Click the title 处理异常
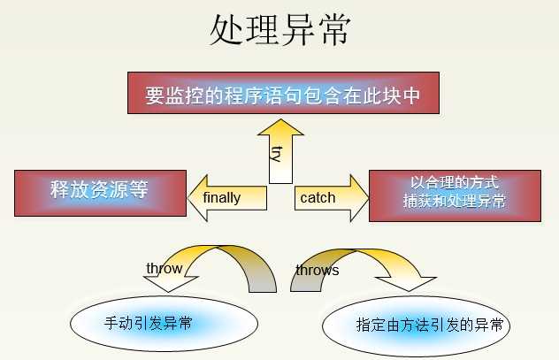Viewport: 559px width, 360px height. (280, 30)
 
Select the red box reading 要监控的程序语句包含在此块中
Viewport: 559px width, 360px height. (283, 93)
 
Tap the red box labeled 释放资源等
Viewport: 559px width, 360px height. (100, 193)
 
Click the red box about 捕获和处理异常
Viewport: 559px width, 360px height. (455, 195)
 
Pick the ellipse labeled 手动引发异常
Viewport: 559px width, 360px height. (164, 324)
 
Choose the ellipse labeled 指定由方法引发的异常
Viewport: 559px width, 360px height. (416, 326)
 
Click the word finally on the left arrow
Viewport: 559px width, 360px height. (221, 198)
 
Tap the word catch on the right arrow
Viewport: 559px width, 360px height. (318, 198)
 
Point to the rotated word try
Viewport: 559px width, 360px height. (277, 154)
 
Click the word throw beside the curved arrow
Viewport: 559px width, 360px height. (165, 268)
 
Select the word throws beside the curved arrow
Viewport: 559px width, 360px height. (318, 270)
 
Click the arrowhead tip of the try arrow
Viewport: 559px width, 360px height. (280, 119)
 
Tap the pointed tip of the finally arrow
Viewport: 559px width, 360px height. (188, 198)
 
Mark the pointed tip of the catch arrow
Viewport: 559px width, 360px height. (369, 198)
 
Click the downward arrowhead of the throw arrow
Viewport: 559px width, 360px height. (169, 292)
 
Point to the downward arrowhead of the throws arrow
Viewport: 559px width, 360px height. (410, 291)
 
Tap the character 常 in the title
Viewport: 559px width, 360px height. (334, 30)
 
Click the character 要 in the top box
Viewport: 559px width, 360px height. (155, 96)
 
